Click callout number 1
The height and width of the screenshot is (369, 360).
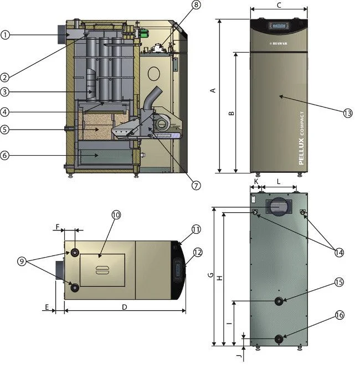coord(6,35)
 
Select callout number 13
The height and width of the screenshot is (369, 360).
coord(347,113)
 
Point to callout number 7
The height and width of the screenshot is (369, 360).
coord(196,186)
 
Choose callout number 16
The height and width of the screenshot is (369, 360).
coord(340,315)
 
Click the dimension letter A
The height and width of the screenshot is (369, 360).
coord(213,92)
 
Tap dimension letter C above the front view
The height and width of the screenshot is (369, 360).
coord(279,5)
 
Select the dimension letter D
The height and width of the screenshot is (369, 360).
coord(125,306)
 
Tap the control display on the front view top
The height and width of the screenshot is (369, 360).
coord(278,25)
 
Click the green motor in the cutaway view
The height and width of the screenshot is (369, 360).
coord(142,33)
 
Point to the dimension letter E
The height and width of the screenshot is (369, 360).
coord(47,306)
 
